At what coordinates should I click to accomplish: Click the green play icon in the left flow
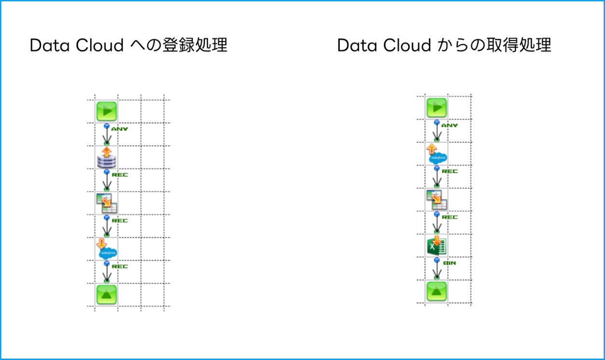click(x=107, y=111)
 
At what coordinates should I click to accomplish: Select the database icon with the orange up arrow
click(x=107, y=157)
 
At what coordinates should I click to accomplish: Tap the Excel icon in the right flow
click(x=437, y=246)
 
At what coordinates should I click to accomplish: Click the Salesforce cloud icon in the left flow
click(x=107, y=249)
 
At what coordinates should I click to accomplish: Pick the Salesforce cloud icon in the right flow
click(x=437, y=154)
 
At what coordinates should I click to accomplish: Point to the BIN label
click(x=449, y=263)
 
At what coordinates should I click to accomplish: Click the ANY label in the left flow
click(x=120, y=129)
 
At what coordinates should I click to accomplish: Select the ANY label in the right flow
click(x=449, y=125)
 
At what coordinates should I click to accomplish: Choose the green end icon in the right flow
click(x=437, y=291)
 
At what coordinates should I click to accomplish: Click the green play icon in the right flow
click(x=437, y=108)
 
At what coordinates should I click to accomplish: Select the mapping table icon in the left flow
click(x=107, y=203)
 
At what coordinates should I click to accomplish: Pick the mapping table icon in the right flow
click(x=437, y=199)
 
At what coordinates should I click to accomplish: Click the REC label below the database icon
click(x=120, y=175)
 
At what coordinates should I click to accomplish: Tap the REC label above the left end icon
click(x=120, y=266)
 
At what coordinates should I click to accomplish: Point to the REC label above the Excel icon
click(x=450, y=217)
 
